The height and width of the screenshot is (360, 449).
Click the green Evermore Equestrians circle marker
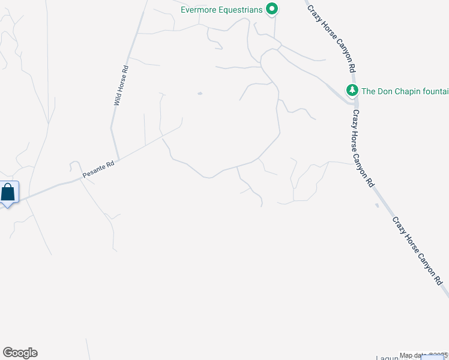point(272,9)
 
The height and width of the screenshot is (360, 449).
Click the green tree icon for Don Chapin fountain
point(352,91)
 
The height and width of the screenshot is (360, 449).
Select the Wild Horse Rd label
point(121,85)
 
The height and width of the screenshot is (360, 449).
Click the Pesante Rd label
point(98,169)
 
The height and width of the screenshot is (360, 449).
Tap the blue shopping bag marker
point(8,193)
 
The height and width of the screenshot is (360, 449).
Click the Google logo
point(20,353)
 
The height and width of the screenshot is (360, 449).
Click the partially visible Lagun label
point(387,358)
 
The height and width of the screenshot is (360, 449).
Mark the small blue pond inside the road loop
point(200,94)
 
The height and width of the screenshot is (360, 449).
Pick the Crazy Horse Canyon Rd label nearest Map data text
point(417,251)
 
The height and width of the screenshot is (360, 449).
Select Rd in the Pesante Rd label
point(110,164)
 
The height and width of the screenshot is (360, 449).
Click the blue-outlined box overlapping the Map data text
point(435,357)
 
